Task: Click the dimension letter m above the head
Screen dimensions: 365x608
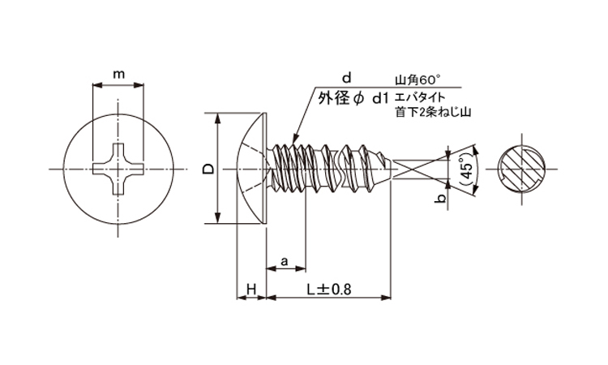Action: click(x=118, y=75)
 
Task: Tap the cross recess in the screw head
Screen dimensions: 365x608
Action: click(x=118, y=169)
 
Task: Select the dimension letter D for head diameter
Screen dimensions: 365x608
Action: click(x=208, y=169)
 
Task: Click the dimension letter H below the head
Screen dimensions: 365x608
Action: click(x=251, y=289)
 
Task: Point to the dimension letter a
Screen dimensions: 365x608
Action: click(x=285, y=261)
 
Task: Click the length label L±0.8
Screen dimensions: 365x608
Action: click(x=330, y=289)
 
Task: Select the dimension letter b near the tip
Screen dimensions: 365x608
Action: click(x=439, y=198)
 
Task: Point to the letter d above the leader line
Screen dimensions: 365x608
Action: click(x=346, y=78)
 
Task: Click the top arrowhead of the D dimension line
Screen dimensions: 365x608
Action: click(x=217, y=118)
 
